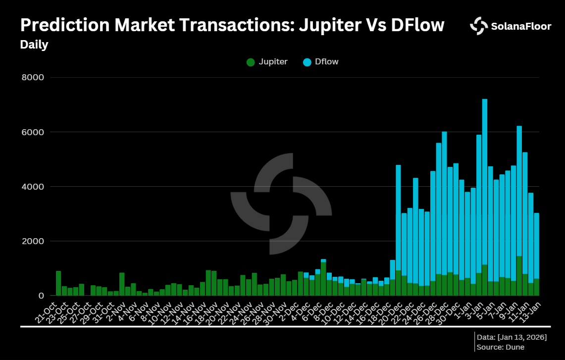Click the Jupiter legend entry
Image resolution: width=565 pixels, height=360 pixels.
pyautogui.click(x=267, y=62)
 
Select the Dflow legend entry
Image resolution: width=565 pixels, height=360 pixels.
pyautogui.click(x=321, y=62)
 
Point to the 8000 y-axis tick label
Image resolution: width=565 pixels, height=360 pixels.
pyautogui.click(x=33, y=78)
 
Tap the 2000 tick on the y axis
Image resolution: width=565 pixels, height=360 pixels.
pyautogui.click(x=33, y=241)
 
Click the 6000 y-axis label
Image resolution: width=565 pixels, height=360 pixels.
pyautogui.click(x=33, y=132)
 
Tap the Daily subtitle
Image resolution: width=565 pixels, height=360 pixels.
pyautogui.click(x=34, y=45)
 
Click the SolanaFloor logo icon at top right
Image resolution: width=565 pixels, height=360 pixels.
pyautogui.click(x=479, y=26)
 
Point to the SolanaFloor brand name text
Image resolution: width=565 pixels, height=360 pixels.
pyautogui.click(x=520, y=26)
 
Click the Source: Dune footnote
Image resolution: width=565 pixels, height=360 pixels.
pyautogui.click(x=501, y=347)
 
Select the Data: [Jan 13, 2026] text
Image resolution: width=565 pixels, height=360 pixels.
pyautogui.click(x=512, y=337)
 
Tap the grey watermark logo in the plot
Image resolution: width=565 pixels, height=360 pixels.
pyautogui.click(x=281, y=204)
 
